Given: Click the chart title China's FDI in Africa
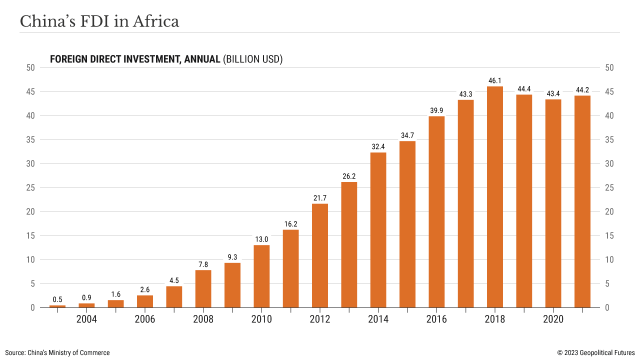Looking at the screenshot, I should pyautogui.click(x=99, y=21).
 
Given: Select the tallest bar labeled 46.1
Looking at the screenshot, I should pyautogui.click(x=495, y=197).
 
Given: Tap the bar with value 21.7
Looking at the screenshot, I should pyautogui.click(x=320, y=255).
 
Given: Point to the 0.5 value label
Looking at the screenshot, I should pyautogui.click(x=57, y=299).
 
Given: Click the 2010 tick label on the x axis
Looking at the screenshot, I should pyautogui.click(x=262, y=319).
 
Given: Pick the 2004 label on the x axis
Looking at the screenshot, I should pyautogui.click(x=86, y=319).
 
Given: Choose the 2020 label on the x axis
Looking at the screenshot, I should pyautogui.click(x=553, y=319).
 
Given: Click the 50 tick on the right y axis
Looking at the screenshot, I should pyautogui.click(x=609, y=67).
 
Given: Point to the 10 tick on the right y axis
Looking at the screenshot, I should pyautogui.click(x=609, y=259).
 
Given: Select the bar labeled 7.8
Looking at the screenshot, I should pyautogui.click(x=203, y=288).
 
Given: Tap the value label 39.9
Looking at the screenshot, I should pyautogui.click(x=436, y=110).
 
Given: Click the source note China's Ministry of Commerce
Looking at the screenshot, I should pyautogui.click(x=57, y=352).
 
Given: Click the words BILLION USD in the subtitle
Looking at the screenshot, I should pyautogui.click(x=253, y=59).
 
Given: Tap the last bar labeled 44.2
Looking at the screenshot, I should pyautogui.click(x=582, y=201).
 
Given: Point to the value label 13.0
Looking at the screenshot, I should pyautogui.click(x=261, y=239).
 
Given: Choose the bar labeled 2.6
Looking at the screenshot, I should pyautogui.click(x=145, y=301).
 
